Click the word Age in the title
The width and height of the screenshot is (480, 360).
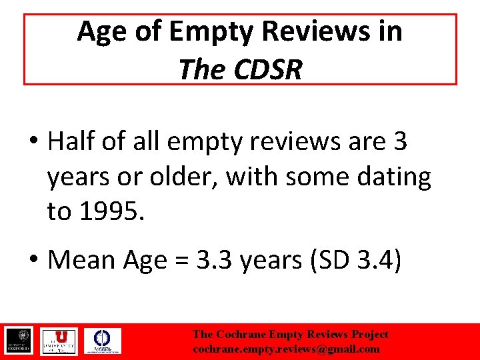(98, 31)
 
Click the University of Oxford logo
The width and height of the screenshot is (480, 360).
(20, 341)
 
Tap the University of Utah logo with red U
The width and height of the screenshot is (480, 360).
(59, 341)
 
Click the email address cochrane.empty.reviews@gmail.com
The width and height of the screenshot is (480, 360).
(286, 349)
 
